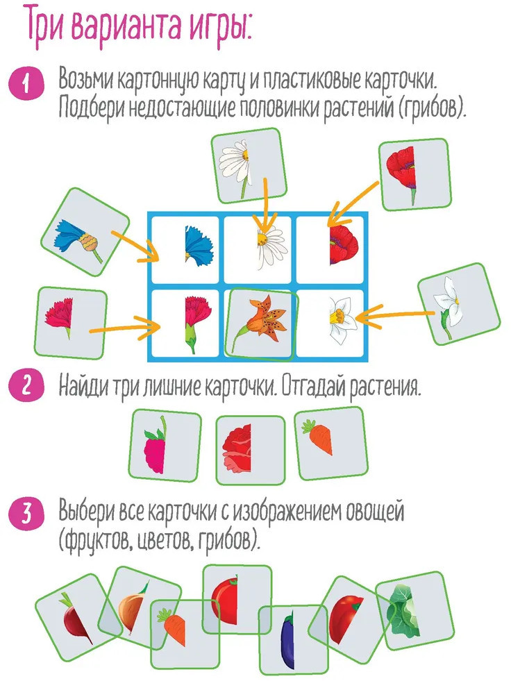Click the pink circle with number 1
pos(26,83)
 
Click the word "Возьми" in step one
pos(86,79)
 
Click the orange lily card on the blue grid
pos(262,324)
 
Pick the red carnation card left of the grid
pos(70,323)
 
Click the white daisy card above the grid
pos(249,165)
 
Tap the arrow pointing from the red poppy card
pos(353,204)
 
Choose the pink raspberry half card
pos(165,445)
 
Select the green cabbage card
pos(414,611)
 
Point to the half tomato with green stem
pos(237,599)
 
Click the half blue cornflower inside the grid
pos(198,245)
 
